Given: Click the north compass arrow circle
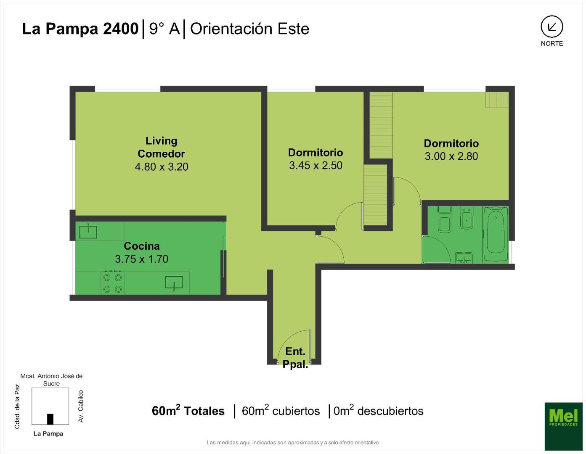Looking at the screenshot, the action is (x=552, y=27).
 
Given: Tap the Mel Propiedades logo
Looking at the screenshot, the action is (x=563, y=426).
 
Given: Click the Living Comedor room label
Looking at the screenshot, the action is (x=161, y=147).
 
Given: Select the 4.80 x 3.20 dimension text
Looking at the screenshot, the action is (x=162, y=167).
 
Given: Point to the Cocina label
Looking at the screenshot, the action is (x=142, y=246).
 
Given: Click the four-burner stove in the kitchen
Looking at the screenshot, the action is (x=113, y=282).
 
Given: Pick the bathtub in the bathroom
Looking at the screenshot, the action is (x=496, y=234).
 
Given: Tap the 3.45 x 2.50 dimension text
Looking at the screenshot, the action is (x=316, y=166).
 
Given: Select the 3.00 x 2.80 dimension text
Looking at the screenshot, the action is (x=451, y=156).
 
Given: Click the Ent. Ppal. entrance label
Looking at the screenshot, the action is (x=295, y=358).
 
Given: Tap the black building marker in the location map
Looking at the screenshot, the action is (x=50, y=419).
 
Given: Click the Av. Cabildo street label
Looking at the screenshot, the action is (x=81, y=406).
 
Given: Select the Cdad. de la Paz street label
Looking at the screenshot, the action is (x=17, y=406).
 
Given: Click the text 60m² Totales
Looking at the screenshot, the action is (x=188, y=411).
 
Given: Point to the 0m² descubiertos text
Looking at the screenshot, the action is (x=378, y=411).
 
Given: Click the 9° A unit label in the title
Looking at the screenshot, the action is (x=164, y=29).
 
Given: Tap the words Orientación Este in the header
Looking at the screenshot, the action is (x=250, y=29).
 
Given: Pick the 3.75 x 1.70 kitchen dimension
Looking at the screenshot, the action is (x=142, y=259).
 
